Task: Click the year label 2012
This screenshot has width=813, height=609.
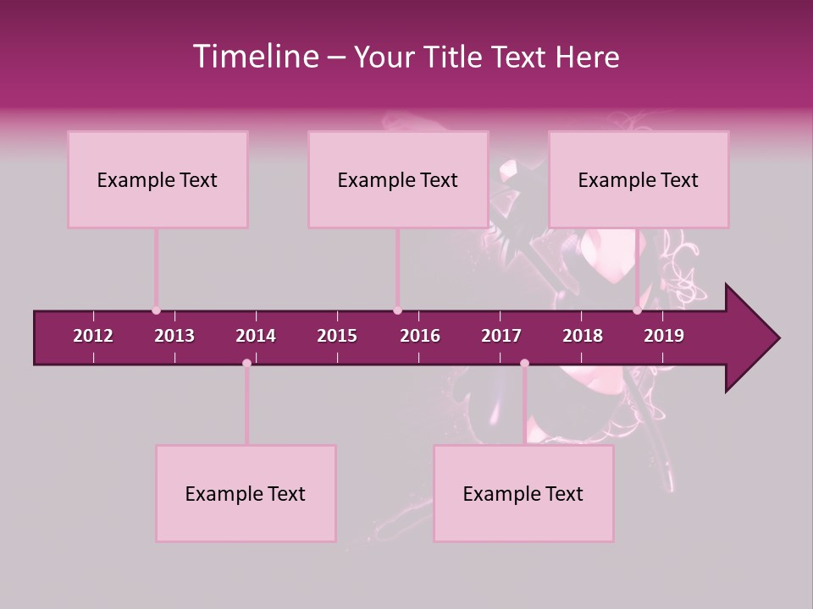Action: (93, 336)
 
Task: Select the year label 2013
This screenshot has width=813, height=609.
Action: (174, 336)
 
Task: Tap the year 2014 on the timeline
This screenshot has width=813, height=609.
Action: (256, 336)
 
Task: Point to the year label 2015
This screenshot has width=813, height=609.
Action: (337, 336)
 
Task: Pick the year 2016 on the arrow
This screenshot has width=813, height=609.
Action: (420, 336)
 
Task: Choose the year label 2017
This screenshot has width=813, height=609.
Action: (501, 336)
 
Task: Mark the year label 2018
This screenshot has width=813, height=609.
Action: (583, 336)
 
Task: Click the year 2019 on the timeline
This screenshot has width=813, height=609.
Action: (664, 336)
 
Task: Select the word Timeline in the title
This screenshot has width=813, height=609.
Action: (254, 57)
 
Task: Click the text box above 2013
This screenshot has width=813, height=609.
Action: (158, 179)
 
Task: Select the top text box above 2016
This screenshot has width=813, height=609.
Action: (398, 179)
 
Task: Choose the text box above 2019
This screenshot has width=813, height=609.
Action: (639, 179)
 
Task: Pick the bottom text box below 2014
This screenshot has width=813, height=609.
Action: (246, 493)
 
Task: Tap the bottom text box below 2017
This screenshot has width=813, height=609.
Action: (523, 493)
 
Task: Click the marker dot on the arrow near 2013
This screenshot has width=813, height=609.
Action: (156, 310)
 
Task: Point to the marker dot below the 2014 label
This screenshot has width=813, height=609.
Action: (246, 363)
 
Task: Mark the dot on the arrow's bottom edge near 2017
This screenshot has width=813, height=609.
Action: (524, 363)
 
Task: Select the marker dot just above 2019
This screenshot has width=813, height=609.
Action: (637, 310)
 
